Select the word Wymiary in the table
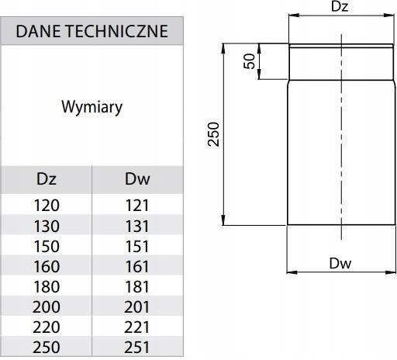91,107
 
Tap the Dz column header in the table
47,180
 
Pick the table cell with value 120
47,206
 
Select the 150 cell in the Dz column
47,246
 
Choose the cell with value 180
47,286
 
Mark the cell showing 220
47,327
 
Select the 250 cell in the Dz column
47,347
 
